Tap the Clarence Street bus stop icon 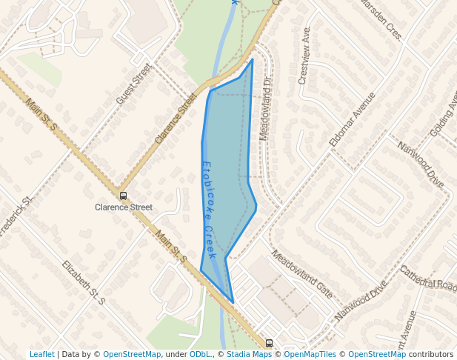pos(123,196)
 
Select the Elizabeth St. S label pos(84,282)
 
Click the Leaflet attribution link pos(41,354)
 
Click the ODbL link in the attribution pos(199,354)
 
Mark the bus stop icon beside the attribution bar pos(269,343)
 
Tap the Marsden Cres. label pos(380,20)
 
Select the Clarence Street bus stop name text pos(123,207)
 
